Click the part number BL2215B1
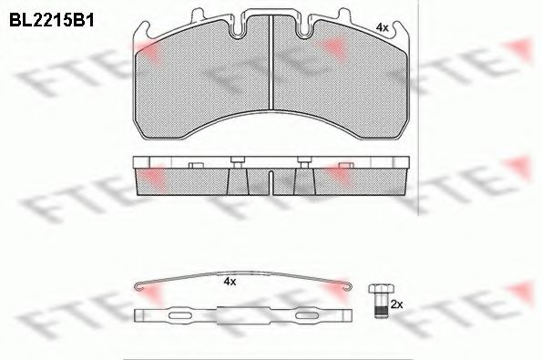pos(52,20)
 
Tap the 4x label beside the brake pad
pos(382,27)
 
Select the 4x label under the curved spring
pos(230,282)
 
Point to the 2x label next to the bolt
pos(396,304)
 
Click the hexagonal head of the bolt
pos(381,289)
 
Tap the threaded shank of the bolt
pos(381,305)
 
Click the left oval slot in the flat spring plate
pos(180,315)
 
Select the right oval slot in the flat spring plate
pos(306,315)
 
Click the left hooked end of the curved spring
pos(138,286)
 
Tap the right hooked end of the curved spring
pos(348,286)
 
